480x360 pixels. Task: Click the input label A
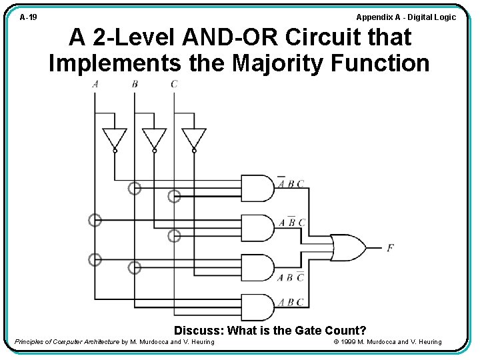95,84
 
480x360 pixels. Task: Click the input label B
135,84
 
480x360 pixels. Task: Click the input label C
174,84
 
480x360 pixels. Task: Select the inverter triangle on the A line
114,138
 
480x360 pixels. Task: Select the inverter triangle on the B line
154,138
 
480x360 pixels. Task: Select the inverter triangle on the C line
194,138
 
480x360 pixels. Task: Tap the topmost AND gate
257,188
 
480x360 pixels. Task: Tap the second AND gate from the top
257,227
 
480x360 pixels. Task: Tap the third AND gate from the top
257,267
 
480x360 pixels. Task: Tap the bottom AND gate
257,307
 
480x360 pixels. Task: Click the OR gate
347,247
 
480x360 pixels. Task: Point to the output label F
390,248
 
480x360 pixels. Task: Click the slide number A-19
28,17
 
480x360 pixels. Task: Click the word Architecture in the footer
99,342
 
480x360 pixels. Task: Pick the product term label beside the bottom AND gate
291,302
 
